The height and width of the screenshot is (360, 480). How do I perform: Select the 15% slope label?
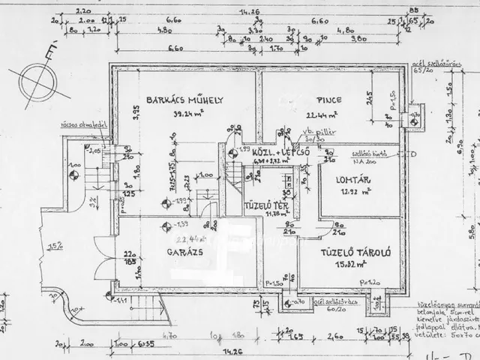point(53,244)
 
